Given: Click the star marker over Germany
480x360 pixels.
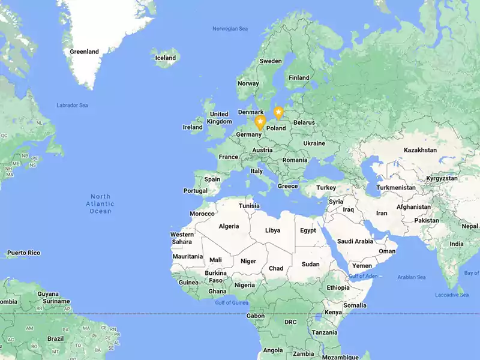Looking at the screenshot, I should [x=260, y=122].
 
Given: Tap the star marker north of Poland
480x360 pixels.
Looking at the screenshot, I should [x=278, y=112].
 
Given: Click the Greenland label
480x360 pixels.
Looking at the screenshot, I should [x=84, y=52].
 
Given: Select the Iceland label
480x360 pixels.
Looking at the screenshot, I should [x=166, y=58].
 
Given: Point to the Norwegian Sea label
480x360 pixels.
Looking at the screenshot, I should [x=230, y=29].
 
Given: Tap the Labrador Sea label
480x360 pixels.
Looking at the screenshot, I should [x=72, y=106].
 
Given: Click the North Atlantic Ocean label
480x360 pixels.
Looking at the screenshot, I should [x=101, y=203].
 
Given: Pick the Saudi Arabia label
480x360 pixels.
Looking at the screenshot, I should [x=355, y=241].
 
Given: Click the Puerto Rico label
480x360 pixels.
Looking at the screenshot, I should [x=24, y=253].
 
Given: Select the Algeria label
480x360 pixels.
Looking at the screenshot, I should [x=229, y=226].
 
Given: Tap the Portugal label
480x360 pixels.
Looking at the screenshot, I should [x=196, y=191].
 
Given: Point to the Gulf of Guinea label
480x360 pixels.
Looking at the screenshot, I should [x=232, y=302].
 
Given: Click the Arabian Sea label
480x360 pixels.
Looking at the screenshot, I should [x=412, y=277].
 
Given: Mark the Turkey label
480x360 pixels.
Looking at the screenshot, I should [x=326, y=188].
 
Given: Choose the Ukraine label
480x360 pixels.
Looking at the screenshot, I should [x=314, y=143].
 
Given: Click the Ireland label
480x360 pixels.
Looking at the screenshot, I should [x=193, y=127].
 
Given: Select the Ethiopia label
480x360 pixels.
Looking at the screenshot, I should [x=338, y=287].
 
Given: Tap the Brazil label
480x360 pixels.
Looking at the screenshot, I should [x=55, y=338].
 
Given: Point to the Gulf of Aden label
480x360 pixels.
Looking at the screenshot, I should [x=364, y=275].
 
